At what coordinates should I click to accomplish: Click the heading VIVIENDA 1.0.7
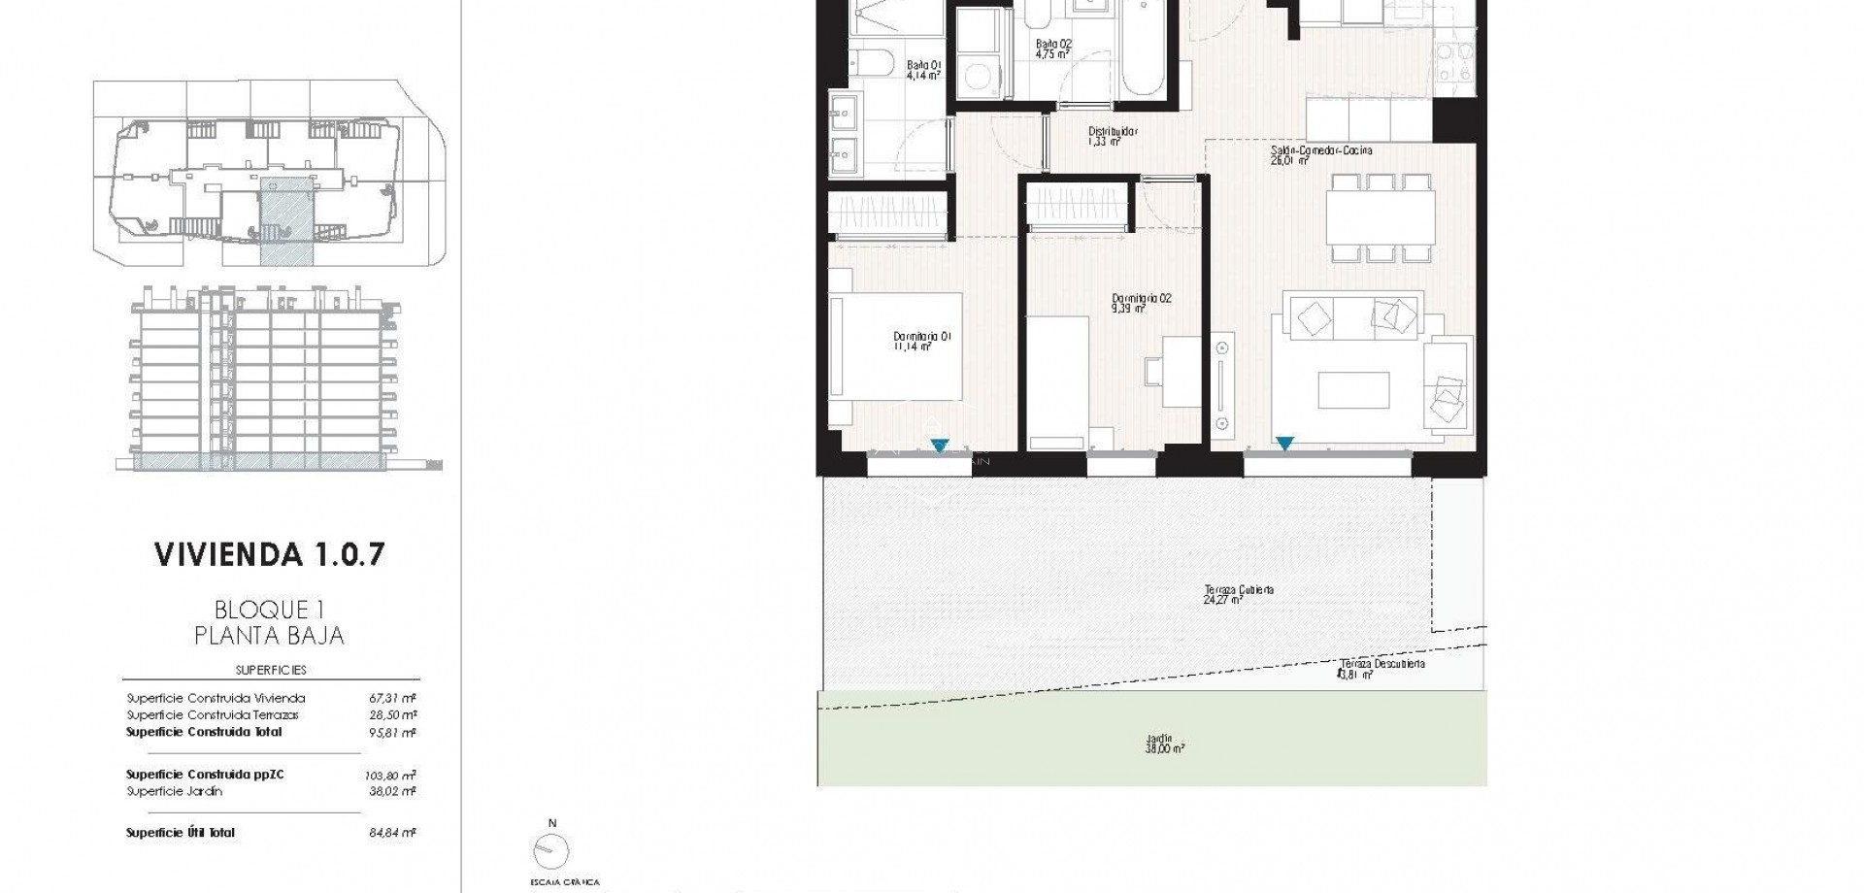click(x=270, y=554)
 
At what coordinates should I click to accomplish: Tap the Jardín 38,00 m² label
click(x=1165, y=744)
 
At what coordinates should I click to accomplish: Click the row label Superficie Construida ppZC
click(x=205, y=775)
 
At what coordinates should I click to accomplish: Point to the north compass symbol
click(x=551, y=850)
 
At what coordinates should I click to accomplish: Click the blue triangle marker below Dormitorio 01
click(x=939, y=446)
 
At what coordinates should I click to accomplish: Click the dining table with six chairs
click(x=1381, y=218)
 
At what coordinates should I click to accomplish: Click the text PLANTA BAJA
click(x=270, y=636)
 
